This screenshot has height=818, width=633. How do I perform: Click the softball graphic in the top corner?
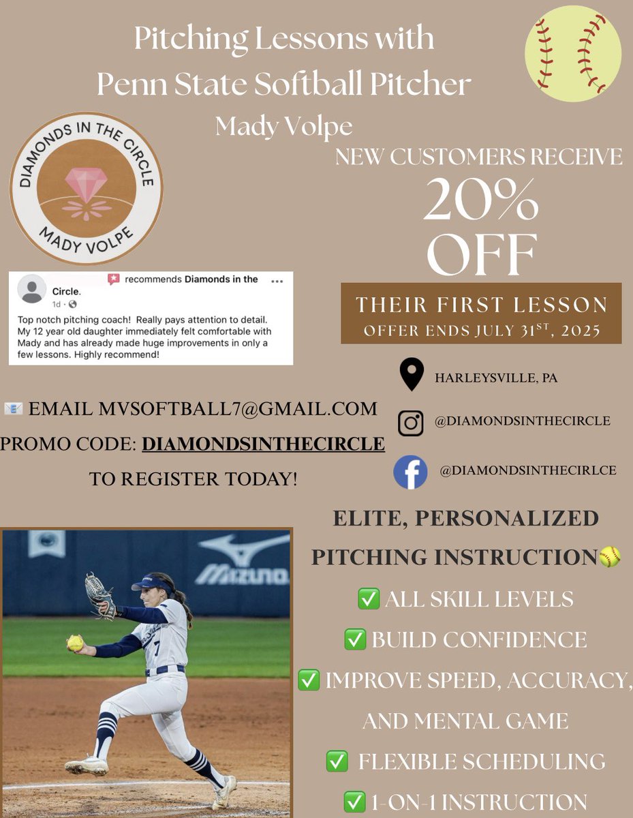pos(573,54)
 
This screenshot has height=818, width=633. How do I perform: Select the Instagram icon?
pos(410,423)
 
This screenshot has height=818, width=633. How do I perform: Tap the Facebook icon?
pos(410,472)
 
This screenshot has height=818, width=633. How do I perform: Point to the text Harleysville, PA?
pos(495,377)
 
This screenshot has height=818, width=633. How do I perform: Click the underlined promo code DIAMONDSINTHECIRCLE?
pos(263,444)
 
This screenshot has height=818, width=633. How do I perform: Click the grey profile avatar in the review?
pos(31,289)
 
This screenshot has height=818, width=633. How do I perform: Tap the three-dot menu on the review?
pos(277,281)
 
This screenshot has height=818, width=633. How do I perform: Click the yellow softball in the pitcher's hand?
pos(75,642)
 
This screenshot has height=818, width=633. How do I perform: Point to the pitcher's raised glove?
pos(99,594)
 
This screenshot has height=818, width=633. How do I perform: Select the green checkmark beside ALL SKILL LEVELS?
pos(368,599)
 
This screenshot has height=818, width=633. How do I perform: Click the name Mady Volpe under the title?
pos(284,125)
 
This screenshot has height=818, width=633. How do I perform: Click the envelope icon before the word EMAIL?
pos(13,409)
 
